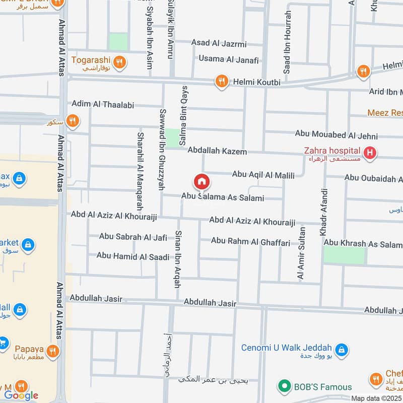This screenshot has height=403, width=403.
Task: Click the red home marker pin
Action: point(201,181)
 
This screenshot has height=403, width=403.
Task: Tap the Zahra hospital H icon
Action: point(370,152)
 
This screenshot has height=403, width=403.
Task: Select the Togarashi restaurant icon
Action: point(119,62)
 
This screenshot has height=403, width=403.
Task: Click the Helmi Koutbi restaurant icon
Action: point(221,82)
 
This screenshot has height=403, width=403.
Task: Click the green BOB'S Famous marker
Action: point(285,387)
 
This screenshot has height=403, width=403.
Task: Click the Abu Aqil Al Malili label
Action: point(263,175)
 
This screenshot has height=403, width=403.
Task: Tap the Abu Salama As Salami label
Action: point(223,197)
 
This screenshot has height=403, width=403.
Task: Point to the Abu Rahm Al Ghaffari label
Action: point(250,242)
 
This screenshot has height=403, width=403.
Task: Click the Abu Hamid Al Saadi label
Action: point(133,256)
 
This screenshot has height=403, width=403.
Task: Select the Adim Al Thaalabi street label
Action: point(103,104)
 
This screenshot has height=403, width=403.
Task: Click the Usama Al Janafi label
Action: point(228,59)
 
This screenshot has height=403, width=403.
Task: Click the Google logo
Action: point(21,395)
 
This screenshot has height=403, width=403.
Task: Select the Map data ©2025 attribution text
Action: point(376,398)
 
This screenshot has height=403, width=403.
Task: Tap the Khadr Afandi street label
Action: point(323,212)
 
